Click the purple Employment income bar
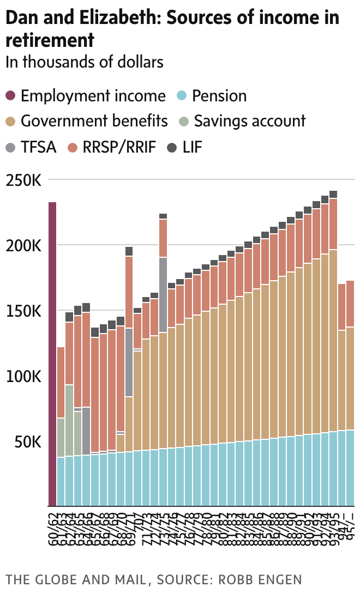[52, 354]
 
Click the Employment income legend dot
[11, 96]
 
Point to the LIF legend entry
[191, 146]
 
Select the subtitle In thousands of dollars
[85, 62]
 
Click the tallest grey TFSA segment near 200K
[163, 294]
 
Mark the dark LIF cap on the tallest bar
[333, 195]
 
